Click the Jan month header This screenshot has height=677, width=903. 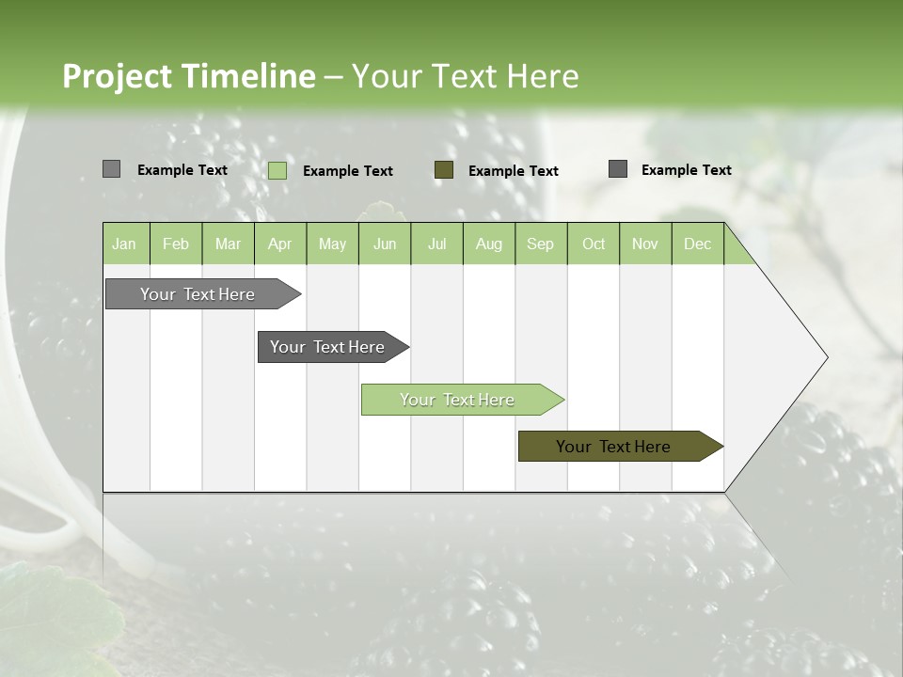coord(124,244)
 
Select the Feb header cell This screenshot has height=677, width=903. coord(176,244)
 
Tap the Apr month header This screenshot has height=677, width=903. coord(280,244)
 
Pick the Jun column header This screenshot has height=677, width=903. coord(385,244)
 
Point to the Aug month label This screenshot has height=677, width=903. coord(489,244)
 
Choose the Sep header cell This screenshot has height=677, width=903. coord(541,244)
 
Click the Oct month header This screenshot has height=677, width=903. coord(594,244)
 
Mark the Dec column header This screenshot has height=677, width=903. coord(698,244)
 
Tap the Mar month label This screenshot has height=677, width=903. coord(228,244)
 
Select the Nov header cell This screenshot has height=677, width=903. coord(645,244)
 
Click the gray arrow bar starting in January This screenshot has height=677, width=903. coord(198,294)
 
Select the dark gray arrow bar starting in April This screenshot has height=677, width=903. coord(328,347)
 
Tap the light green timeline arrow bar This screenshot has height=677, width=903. coord(458,400)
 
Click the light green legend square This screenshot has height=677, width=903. coord(277,170)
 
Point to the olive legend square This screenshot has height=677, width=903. coord(444,169)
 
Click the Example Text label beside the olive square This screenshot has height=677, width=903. coord(513,171)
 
